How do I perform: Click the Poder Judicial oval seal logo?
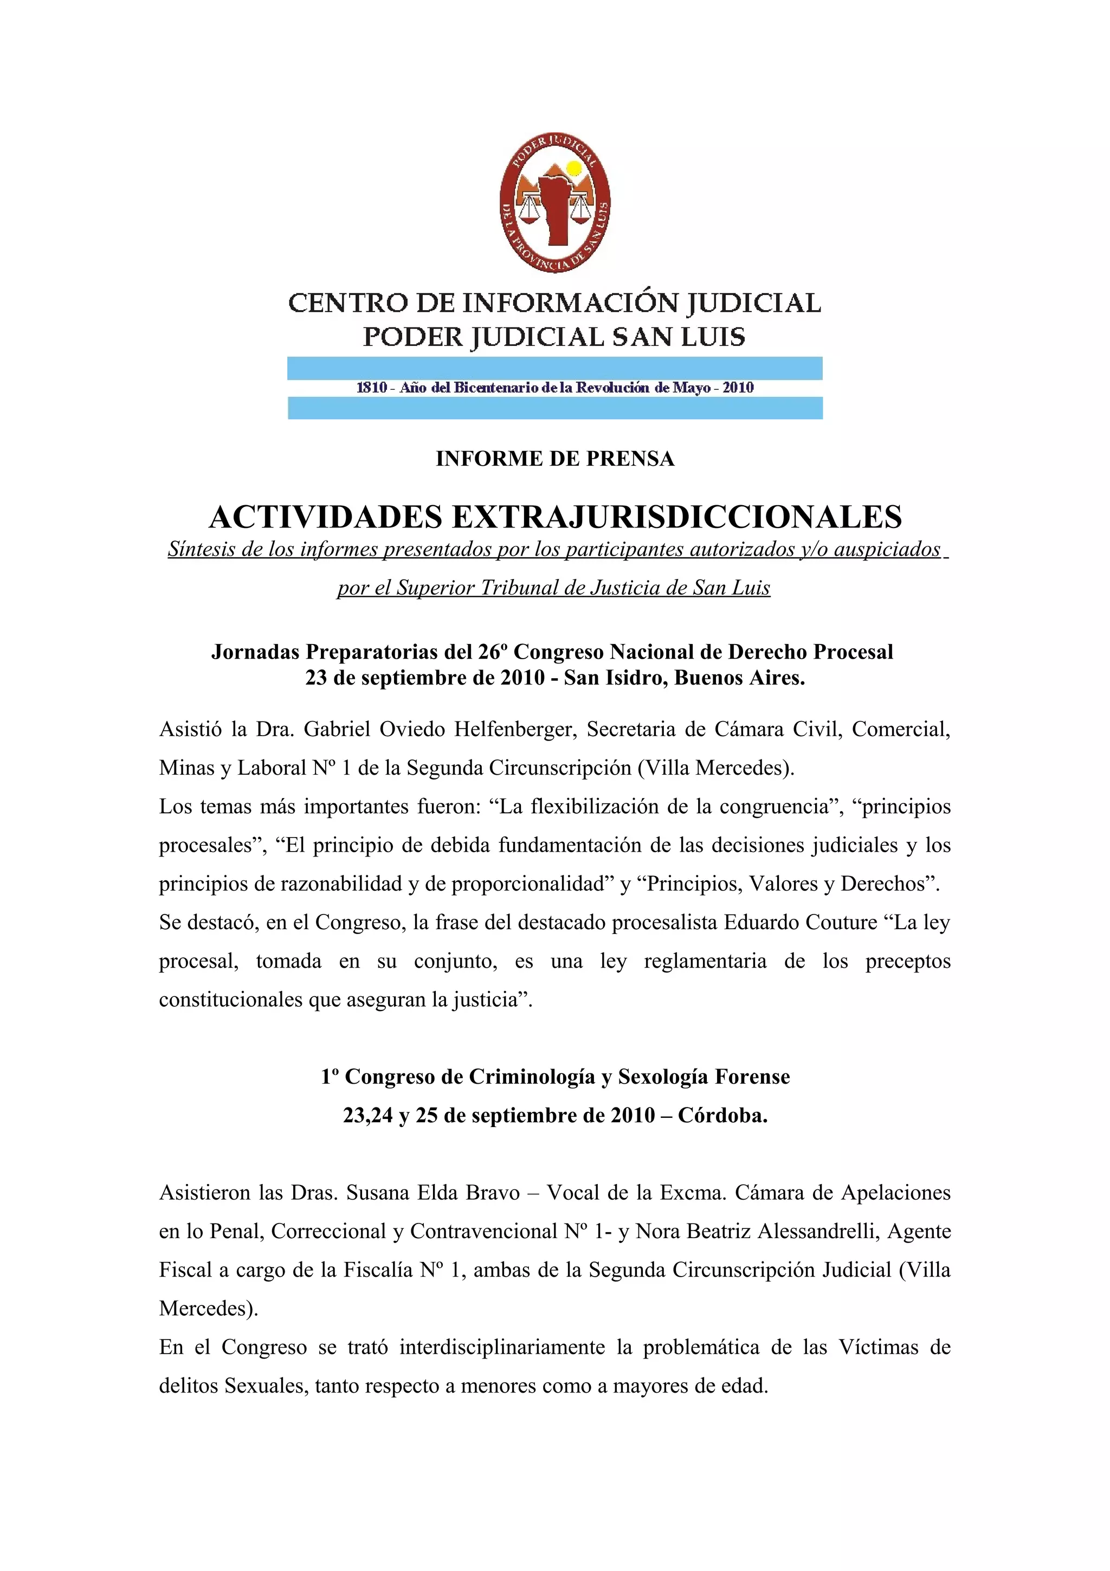(x=554, y=203)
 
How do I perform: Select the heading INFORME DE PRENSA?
(x=554, y=459)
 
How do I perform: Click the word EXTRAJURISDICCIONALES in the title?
(x=676, y=517)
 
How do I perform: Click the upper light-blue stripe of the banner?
(x=554, y=368)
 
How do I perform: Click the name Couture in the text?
(x=841, y=922)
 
